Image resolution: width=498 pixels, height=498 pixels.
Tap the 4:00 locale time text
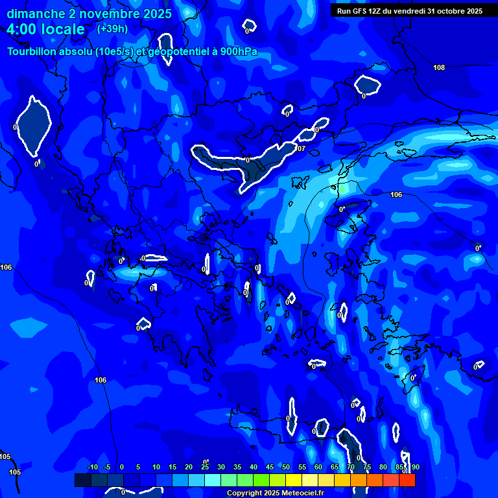coord(45,29)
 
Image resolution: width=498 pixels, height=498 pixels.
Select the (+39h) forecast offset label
coord(112,29)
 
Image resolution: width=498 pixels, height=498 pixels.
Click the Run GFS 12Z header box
coord(410,11)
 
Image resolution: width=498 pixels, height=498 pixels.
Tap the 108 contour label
coord(439,68)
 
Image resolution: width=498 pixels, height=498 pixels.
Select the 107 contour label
coord(300,148)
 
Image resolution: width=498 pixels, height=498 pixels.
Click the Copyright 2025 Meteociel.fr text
coord(275,493)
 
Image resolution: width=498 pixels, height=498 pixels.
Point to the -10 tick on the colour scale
coord(92,468)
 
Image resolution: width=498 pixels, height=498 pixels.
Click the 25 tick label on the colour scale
coord(205,468)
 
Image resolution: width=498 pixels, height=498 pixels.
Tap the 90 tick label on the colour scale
coord(415,468)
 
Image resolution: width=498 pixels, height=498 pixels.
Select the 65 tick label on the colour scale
coord(335,468)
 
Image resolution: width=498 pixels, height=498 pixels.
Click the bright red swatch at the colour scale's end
coord(407,480)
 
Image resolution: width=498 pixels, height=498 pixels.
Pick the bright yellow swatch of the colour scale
coord(293,480)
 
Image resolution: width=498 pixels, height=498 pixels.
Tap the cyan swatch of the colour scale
coord(212,480)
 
